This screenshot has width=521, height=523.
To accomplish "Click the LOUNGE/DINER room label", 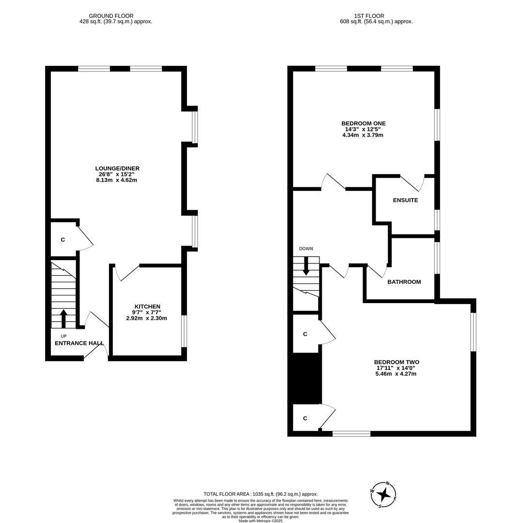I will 117,169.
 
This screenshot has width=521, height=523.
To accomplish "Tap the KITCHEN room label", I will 147,307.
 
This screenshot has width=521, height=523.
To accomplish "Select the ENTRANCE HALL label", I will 79,343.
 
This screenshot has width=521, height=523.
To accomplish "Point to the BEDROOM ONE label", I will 363,123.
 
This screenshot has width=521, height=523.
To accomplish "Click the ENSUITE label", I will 405,200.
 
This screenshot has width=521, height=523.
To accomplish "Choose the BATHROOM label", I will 404,282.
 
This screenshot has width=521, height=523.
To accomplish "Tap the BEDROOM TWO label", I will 396,362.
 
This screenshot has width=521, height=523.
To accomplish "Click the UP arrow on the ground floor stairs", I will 63,318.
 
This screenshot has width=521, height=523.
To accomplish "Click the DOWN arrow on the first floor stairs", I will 306,266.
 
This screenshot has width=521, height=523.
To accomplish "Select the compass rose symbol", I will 383,494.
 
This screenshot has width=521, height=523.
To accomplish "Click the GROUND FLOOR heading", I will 111,16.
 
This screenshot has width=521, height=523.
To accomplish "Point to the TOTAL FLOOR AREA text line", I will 260,494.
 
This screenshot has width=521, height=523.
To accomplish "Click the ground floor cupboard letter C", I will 63,240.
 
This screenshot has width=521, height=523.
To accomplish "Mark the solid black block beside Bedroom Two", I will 305,378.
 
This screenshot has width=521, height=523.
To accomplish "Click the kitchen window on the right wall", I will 184,331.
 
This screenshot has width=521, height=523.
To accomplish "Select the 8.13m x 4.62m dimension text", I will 116,180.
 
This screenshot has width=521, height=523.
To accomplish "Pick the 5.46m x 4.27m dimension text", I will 395,374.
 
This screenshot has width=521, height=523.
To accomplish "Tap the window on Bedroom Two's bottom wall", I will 351,433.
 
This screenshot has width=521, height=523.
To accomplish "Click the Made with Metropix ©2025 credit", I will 260,521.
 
